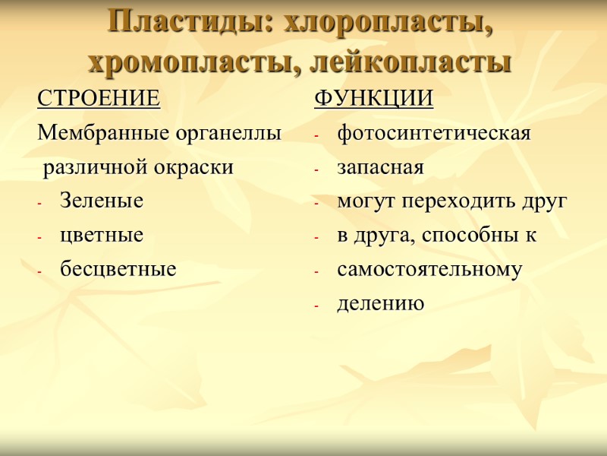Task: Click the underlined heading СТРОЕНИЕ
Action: [99, 99]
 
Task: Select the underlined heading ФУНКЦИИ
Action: [374, 99]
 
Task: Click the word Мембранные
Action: [94, 133]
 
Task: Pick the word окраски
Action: [198, 167]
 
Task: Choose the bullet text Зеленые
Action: [101, 201]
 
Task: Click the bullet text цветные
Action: [101, 236]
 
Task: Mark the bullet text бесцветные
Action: [118, 269]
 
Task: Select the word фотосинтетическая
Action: [434, 133]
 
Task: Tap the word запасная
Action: [380, 167]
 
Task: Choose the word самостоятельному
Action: [429, 270]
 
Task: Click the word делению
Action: [381, 304]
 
